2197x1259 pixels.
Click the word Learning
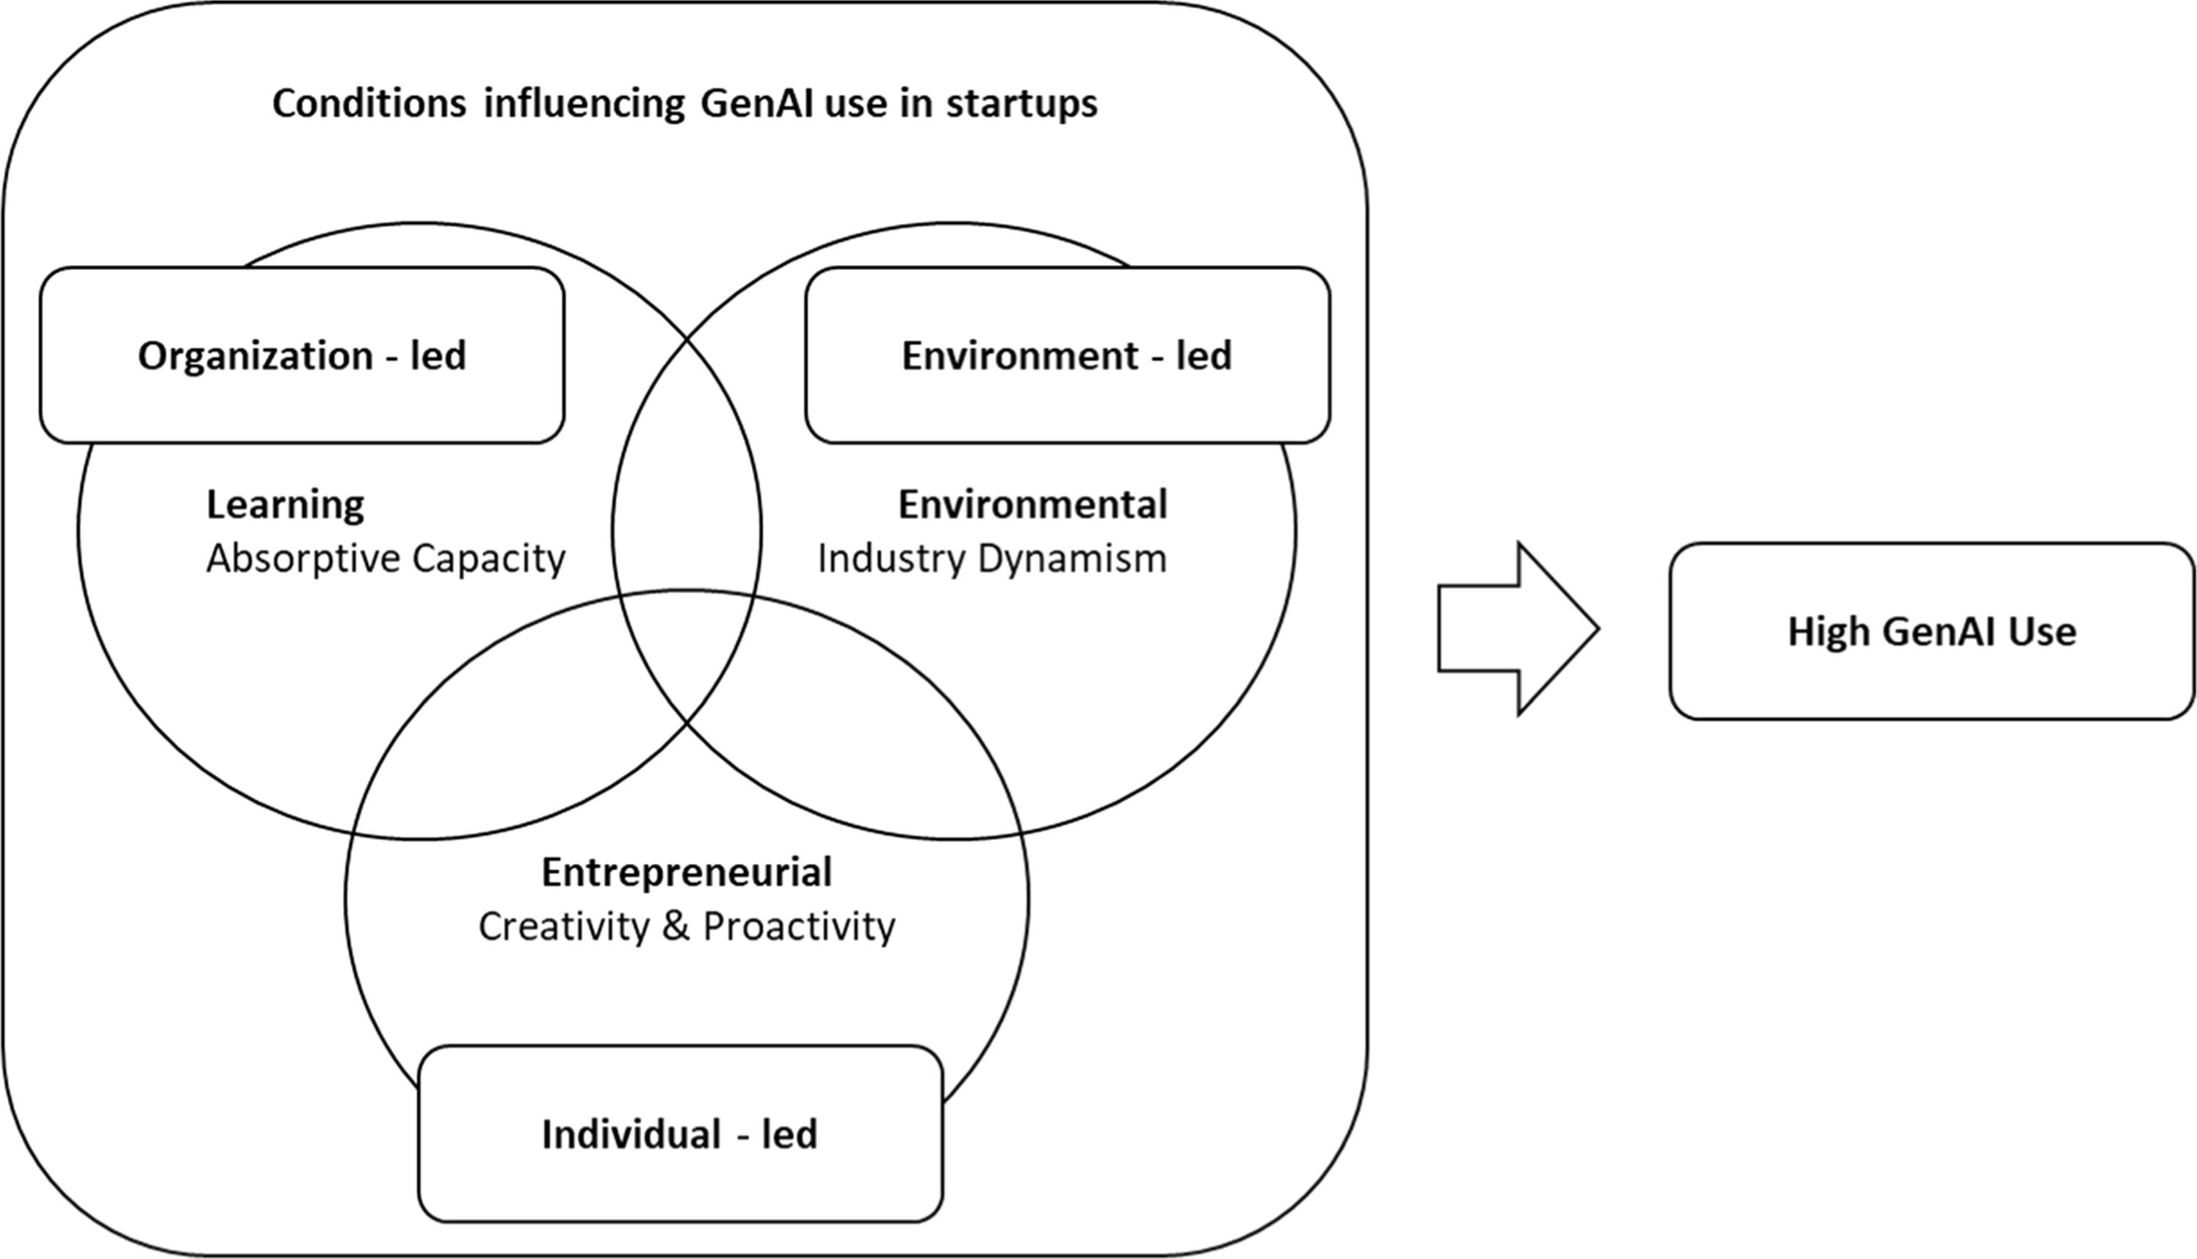(284, 505)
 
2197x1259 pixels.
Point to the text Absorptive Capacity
(386, 559)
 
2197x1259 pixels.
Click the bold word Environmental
(1032, 505)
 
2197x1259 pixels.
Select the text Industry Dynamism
(992, 559)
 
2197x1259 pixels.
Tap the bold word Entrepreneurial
(687, 872)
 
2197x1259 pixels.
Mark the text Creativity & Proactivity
(687, 927)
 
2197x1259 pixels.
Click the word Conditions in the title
(369, 104)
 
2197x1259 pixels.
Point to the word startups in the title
(1021, 104)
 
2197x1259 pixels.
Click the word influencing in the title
(584, 104)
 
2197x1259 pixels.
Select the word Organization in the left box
(255, 355)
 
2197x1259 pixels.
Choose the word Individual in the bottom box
(631, 1133)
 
